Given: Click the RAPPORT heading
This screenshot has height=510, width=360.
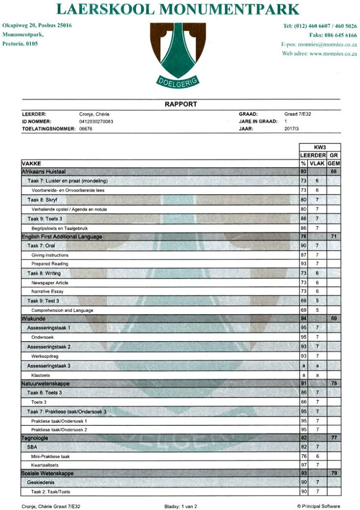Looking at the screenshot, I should (181, 104).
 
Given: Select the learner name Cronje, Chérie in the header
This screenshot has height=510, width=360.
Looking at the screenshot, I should (95, 114).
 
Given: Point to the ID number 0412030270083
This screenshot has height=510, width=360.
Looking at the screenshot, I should (96, 121).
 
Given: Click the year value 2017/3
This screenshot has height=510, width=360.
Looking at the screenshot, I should (291, 128).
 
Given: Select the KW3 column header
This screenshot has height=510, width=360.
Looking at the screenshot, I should (319, 147).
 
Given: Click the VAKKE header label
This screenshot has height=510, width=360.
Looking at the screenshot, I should (31, 163).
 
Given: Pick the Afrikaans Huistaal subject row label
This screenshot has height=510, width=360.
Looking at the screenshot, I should (44, 171).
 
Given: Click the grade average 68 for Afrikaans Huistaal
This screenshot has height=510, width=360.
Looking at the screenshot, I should (334, 171).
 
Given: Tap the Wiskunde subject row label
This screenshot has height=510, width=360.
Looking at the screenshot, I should (33, 318).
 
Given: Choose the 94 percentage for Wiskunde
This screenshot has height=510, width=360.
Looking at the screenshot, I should (303, 318).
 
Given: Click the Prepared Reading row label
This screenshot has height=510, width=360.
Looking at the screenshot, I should (50, 263).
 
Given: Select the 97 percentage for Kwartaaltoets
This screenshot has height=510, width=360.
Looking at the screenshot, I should (303, 464).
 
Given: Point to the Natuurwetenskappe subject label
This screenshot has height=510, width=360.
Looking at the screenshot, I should (45, 383).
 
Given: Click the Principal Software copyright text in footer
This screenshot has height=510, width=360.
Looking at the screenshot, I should (318, 506).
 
